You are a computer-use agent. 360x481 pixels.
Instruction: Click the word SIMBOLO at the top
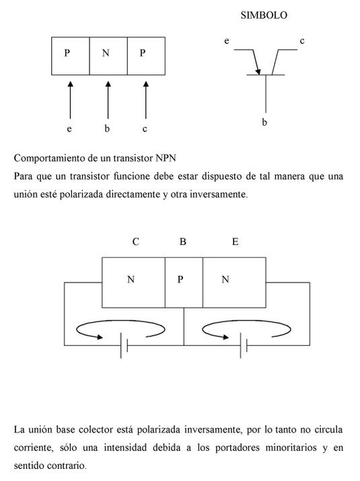click(x=264, y=15)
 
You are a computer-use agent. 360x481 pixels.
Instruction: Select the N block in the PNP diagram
click(x=108, y=56)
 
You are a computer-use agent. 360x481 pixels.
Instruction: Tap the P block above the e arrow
click(x=70, y=56)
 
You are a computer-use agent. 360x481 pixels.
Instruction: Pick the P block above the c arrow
click(x=146, y=56)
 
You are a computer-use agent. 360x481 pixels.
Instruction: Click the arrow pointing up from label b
click(x=108, y=100)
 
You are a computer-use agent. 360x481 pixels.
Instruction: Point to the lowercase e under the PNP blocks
click(x=69, y=129)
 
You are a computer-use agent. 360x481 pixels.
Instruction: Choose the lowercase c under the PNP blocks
click(x=145, y=129)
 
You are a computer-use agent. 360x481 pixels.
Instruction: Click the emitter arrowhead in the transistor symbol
click(x=258, y=71)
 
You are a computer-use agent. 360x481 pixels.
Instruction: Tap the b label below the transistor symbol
click(x=264, y=122)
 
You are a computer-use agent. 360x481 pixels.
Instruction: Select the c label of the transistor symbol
click(x=302, y=41)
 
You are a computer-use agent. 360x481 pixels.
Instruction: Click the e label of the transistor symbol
click(x=227, y=41)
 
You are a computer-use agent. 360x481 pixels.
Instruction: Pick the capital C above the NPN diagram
click(x=136, y=242)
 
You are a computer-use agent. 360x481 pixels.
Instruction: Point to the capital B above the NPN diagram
click(x=182, y=242)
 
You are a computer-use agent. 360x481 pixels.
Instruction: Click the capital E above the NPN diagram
click(x=235, y=242)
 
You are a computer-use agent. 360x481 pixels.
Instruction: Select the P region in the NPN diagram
click(x=184, y=283)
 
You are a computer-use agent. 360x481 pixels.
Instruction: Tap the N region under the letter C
click(x=133, y=283)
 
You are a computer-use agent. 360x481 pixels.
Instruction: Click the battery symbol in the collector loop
click(x=124, y=345)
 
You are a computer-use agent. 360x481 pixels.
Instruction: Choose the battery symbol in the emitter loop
click(x=244, y=345)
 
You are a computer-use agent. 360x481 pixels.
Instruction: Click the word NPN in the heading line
click(x=166, y=158)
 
